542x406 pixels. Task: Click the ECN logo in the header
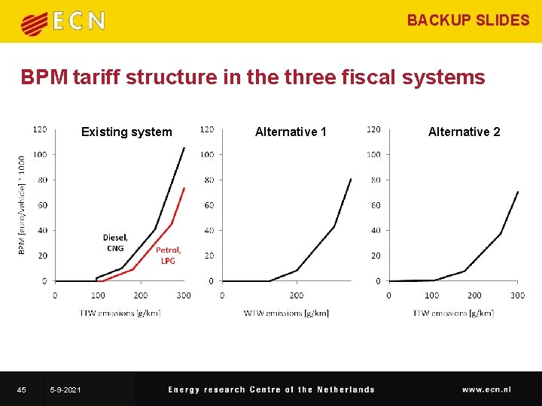[x=62, y=21]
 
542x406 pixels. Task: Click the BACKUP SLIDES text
[x=468, y=20]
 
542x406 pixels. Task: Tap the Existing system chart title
[x=126, y=132]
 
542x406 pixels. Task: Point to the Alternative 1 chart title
[x=291, y=132]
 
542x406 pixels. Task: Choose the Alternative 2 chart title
[x=464, y=132]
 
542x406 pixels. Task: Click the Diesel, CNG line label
[x=115, y=243]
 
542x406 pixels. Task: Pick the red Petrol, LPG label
[x=168, y=255]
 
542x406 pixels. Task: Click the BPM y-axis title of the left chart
[x=22, y=204]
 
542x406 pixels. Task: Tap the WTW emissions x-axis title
[x=286, y=312]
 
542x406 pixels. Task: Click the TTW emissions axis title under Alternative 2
[x=453, y=312]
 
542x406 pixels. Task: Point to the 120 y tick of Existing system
[x=40, y=129]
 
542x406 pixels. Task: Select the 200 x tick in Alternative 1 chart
[x=297, y=295]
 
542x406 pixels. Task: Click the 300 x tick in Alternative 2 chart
[x=517, y=295]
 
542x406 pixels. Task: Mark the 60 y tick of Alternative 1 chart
[x=208, y=205]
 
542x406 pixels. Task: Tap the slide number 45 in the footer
[x=21, y=389]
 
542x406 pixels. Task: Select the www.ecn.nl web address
[x=486, y=389]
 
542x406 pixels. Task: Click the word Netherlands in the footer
[x=346, y=389]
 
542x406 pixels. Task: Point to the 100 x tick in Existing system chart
[x=97, y=295]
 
